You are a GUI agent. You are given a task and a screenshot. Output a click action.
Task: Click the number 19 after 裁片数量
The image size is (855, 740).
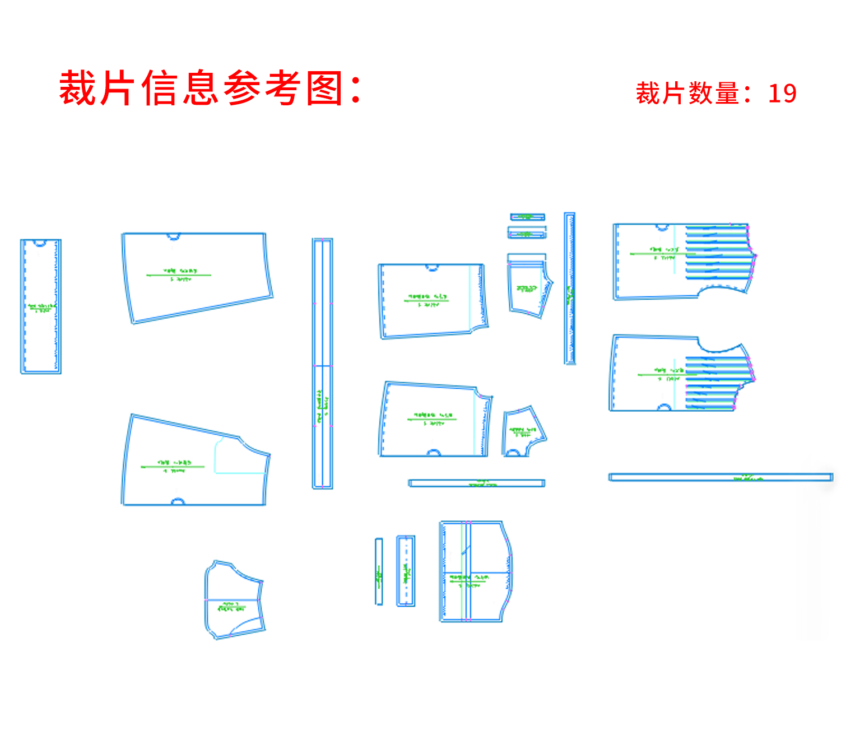pos(782,94)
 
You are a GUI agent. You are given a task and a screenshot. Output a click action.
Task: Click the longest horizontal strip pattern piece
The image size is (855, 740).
pos(721,477)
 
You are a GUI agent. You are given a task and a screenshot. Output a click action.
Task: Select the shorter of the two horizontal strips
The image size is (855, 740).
pos(476,483)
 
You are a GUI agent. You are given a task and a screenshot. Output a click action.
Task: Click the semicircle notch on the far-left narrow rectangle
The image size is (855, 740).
pos(39,243)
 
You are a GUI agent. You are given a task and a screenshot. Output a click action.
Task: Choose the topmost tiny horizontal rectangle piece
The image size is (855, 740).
pos(527,217)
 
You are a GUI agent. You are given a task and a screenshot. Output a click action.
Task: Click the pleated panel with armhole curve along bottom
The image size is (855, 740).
pos(684,261)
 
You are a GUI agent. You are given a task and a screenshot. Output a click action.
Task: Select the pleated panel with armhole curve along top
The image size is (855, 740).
pos(681,374)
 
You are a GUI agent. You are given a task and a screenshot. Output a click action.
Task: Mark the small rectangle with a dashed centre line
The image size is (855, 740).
pos(406,571)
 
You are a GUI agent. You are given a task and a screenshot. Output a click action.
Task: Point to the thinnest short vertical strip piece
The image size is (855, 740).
pos(379,571)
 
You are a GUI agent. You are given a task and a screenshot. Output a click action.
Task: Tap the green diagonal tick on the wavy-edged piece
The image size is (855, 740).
pos(464,552)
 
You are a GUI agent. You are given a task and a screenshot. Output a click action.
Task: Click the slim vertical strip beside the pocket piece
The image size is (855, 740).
pos(569,288)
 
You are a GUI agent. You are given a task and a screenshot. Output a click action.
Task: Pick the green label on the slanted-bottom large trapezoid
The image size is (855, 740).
pos(179,274)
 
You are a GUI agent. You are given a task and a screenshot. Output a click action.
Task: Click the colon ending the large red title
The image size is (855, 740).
pos(355,90)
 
